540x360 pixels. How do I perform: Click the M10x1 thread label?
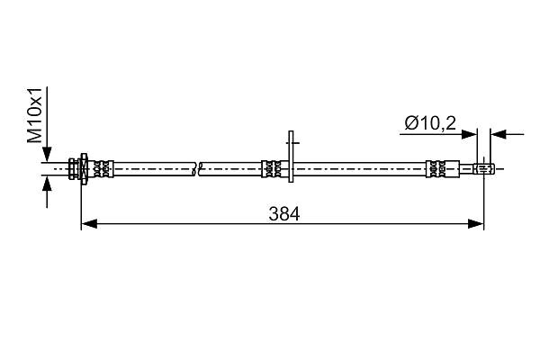pos(35,115)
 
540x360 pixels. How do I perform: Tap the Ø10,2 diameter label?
pos(430,123)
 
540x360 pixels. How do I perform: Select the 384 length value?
pos(284,214)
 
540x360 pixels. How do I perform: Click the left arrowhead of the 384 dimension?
pos(89,224)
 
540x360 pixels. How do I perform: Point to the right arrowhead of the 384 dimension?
pos(476,224)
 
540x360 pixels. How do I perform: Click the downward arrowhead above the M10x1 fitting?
pos(47,154)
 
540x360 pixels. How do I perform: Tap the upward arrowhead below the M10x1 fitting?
pos(47,183)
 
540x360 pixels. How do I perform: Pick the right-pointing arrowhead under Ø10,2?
pos(470,134)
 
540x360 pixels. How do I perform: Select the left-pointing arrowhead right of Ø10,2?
pos(499,134)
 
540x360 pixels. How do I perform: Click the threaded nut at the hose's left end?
pos(77,169)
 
